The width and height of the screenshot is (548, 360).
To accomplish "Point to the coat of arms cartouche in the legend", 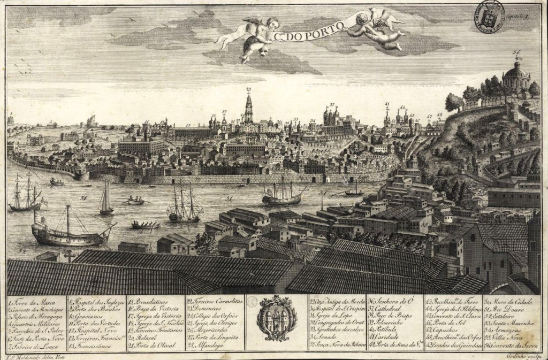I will pos(276,317).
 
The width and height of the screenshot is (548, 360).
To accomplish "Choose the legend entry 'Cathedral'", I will pos(395,309).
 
